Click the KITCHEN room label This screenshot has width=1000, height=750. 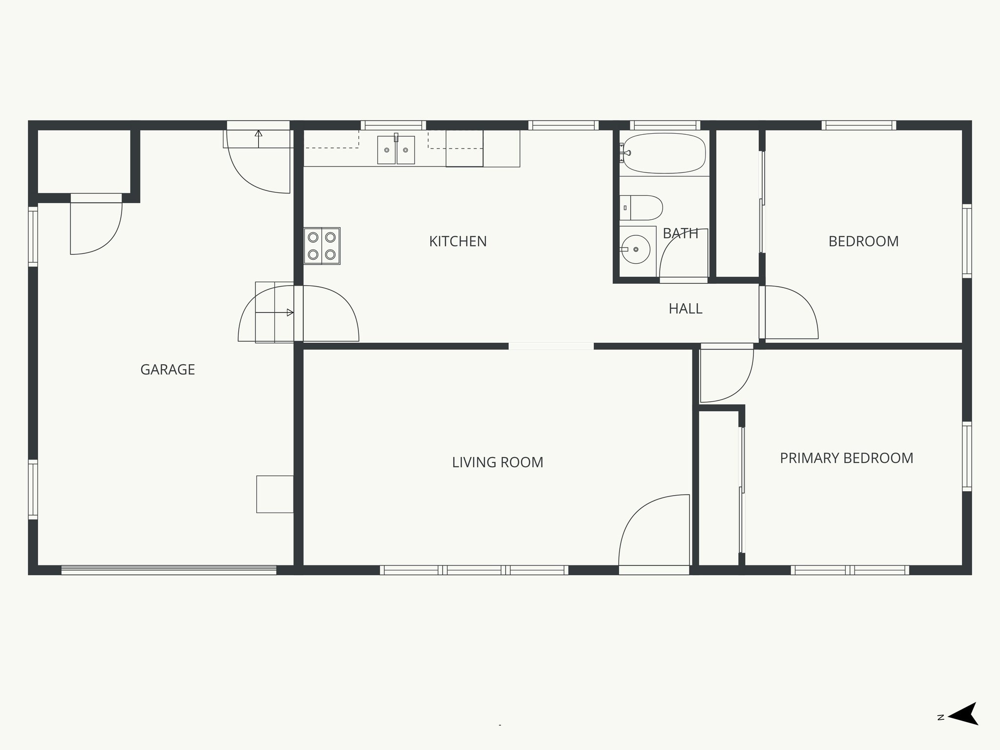pyautogui.click(x=458, y=241)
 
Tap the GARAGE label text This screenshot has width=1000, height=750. pyautogui.click(x=167, y=370)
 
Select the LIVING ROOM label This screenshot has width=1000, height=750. pyautogui.click(x=497, y=462)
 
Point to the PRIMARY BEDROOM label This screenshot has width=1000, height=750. pyautogui.click(x=846, y=458)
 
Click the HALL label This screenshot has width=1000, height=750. pyautogui.click(x=685, y=309)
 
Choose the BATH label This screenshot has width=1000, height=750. pyautogui.click(x=680, y=234)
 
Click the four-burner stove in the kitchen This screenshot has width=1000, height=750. pyautogui.click(x=322, y=246)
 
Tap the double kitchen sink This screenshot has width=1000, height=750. pyautogui.click(x=396, y=150)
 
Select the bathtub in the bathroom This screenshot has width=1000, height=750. pyautogui.click(x=664, y=153)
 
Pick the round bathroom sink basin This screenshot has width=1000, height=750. pyautogui.click(x=636, y=249)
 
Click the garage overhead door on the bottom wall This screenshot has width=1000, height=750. pyautogui.click(x=168, y=569)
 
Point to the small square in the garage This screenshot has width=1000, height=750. pyautogui.click(x=275, y=494)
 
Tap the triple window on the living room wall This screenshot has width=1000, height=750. pyautogui.click(x=474, y=570)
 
